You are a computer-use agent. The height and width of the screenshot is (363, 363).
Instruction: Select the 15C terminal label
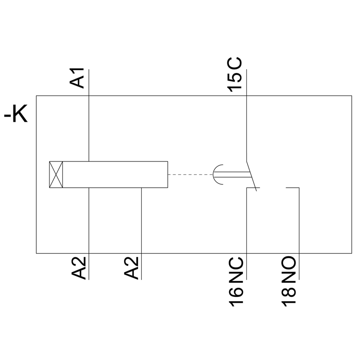236,75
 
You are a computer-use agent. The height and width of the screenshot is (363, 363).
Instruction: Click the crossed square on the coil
56,174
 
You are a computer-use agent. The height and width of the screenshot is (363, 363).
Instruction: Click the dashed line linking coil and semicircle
190,174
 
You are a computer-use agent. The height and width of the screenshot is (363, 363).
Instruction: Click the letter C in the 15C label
236,65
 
